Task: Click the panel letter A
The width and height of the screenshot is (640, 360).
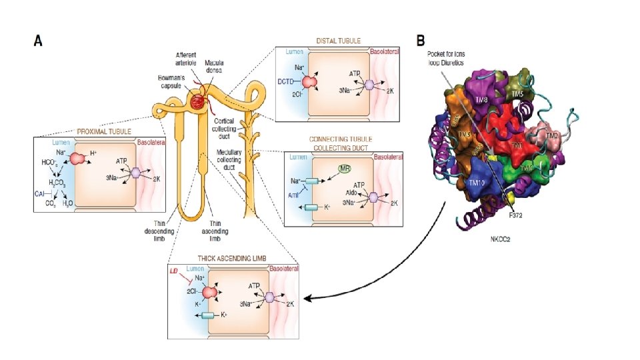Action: [x=39, y=41]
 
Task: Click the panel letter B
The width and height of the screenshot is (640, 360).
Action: [x=421, y=40]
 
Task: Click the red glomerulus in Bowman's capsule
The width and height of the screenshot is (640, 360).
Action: [x=198, y=102]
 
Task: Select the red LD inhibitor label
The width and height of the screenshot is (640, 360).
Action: [x=175, y=274]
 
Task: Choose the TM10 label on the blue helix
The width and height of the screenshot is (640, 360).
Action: [x=477, y=182]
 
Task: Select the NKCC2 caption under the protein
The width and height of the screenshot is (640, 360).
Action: [x=501, y=238]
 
